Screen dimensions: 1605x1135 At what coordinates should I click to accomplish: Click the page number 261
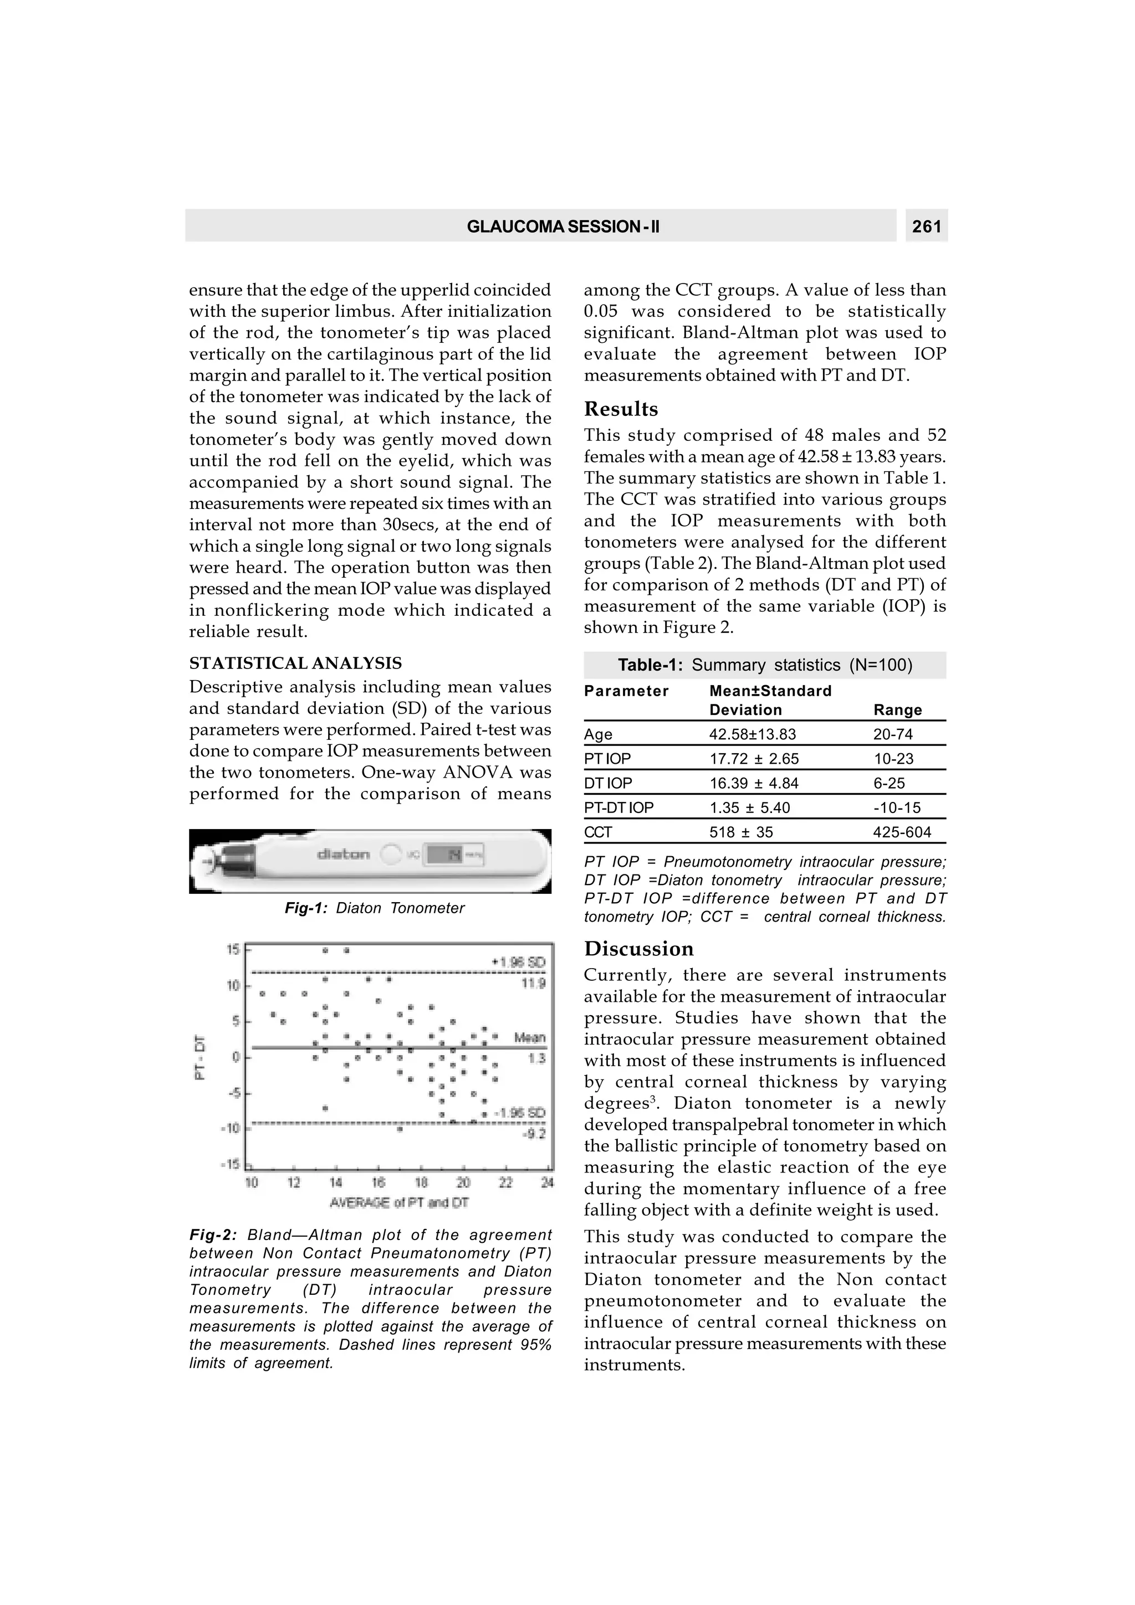pos(927,227)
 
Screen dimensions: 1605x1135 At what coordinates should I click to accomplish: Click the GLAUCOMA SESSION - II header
pos(563,227)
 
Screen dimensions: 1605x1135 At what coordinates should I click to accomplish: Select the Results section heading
pos(621,409)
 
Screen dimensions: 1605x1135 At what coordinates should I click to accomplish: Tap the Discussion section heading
pos(639,949)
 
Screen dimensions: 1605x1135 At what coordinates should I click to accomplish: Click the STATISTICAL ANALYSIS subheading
pos(295,663)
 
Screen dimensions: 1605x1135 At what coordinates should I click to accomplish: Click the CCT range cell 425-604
pos(902,832)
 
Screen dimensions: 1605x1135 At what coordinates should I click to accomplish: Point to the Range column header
pos(897,709)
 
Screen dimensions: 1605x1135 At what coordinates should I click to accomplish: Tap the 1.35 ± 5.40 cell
pos(750,807)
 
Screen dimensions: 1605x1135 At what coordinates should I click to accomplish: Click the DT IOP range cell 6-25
pos(889,783)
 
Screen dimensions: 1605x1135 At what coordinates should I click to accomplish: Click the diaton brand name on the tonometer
pos(344,854)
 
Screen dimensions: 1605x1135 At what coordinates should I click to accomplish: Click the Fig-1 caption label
pos(305,908)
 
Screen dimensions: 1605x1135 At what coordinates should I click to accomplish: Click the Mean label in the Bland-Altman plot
pos(529,1038)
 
